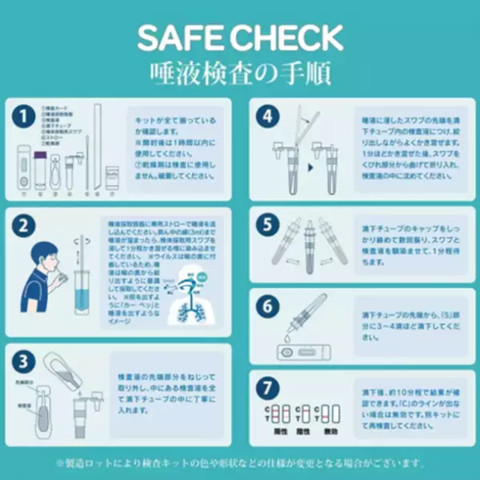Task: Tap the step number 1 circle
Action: pyautogui.click(x=26, y=117)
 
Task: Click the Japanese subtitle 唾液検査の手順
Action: pyautogui.click(x=240, y=73)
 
